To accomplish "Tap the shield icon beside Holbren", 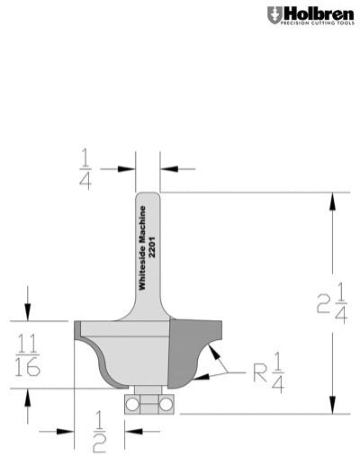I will [x=273, y=15].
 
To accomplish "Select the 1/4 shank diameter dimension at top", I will [x=110, y=168].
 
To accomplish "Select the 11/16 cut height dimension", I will [x=27, y=353].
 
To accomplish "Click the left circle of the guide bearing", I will [x=134, y=404].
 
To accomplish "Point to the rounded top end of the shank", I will [x=148, y=196].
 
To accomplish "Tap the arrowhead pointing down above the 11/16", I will [x=27, y=310].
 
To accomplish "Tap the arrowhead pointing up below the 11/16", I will [x=27, y=397].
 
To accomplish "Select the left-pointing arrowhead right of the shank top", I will [x=166, y=168].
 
